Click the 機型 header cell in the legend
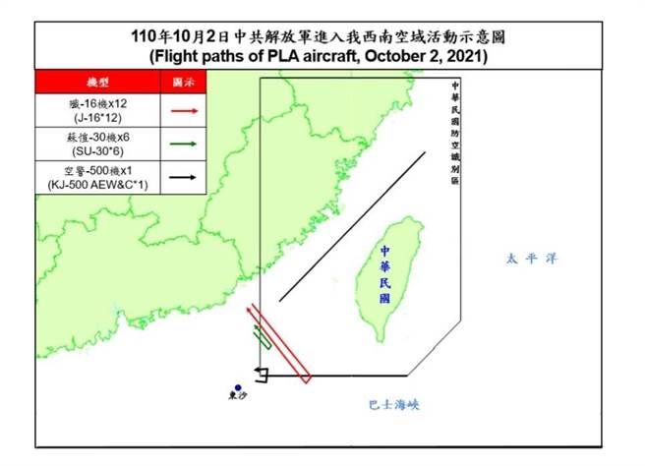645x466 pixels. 96,81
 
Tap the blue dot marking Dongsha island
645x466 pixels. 237,387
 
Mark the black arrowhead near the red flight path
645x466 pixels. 259,373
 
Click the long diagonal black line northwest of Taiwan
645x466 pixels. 352,226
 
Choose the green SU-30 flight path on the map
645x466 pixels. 264,335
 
